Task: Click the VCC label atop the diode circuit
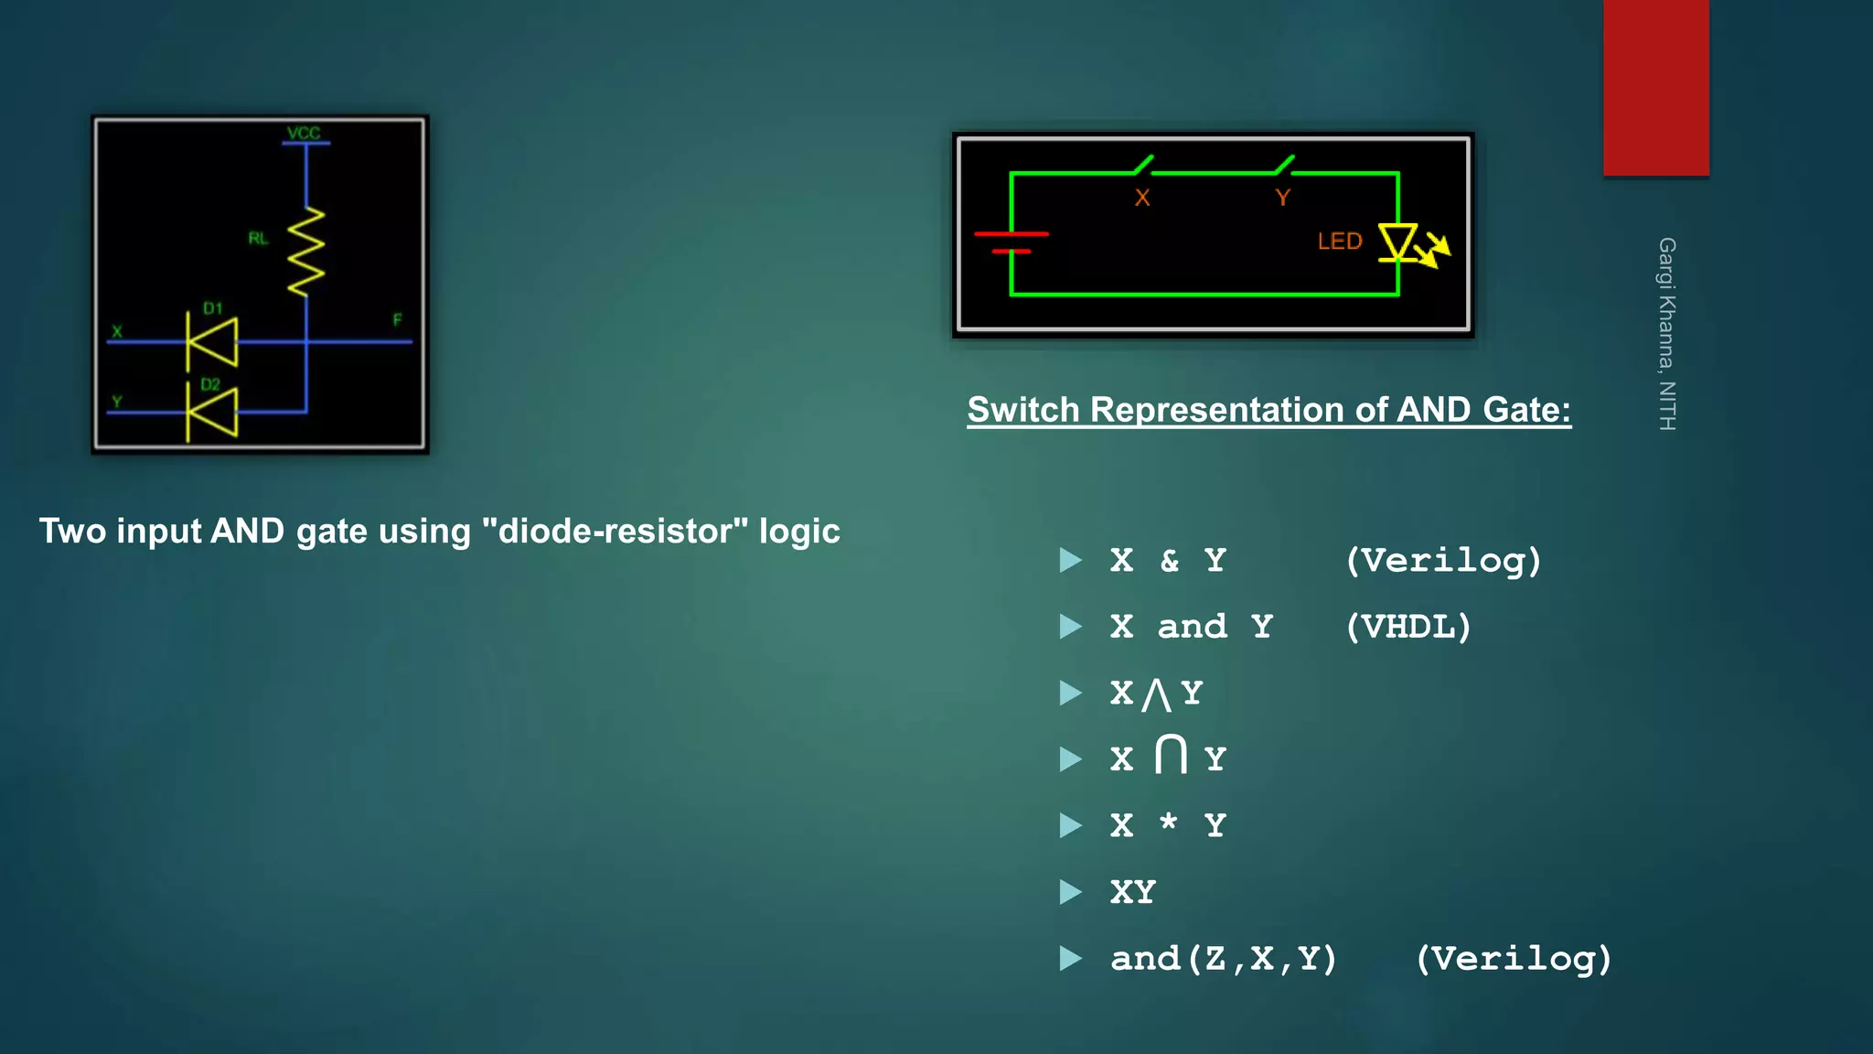coord(304,134)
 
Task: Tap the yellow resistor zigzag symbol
coord(306,252)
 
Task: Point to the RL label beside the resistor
coord(258,239)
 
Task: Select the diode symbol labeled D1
coord(212,341)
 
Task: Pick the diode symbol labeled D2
coord(212,413)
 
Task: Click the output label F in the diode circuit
coord(397,320)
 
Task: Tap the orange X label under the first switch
coord(1142,198)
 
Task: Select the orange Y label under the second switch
coord(1282,198)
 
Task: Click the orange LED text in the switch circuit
coord(1340,242)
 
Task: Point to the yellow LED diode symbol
coord(1398,243)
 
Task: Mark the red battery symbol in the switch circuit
coord(1011,242)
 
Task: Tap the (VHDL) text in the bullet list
coord(1408,627)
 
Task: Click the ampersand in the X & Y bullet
coord(1169,560)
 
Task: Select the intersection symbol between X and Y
coord(1171,755)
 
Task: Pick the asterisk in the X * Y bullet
coord(1168,822)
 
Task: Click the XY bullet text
coord(1133,892)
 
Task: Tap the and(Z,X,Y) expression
coord(1224,959)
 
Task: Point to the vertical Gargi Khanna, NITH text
coord(1667,334)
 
